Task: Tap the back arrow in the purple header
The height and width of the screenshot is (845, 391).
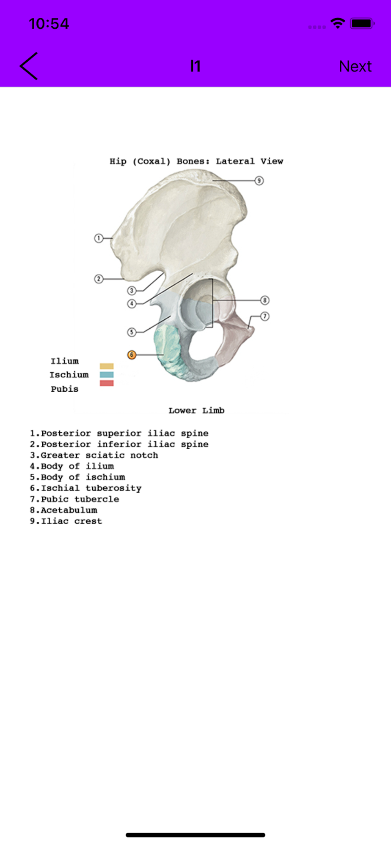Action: point(28,66)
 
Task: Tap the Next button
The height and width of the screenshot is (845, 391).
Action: point(355,66)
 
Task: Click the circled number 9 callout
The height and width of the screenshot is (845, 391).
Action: point(259,181)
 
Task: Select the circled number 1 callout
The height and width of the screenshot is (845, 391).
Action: point(99,238)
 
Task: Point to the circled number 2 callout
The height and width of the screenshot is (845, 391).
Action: point(99,279)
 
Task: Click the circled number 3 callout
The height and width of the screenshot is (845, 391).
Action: point(132,291)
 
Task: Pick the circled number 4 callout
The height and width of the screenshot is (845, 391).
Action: point(132,304)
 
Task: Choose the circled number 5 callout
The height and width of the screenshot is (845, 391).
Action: point(132,332)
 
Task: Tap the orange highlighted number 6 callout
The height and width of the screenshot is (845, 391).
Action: point(132,355)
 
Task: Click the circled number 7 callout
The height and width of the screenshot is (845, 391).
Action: point(265,316)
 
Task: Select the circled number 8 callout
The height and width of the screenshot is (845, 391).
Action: point(265,300)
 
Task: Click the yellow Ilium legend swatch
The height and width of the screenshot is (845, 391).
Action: point(107,366)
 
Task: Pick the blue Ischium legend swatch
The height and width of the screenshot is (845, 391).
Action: point(107,374)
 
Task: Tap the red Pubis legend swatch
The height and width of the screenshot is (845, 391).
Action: point(107,383)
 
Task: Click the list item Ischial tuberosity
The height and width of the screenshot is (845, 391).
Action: point(85,488)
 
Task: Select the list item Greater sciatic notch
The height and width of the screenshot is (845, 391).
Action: point(94,455)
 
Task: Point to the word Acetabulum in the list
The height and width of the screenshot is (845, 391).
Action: point(69,510)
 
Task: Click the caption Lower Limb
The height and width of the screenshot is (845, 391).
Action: point(196,410)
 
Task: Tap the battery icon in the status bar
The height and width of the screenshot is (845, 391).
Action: point(362,24)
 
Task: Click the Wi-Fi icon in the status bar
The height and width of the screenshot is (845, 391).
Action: point(338,23)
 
